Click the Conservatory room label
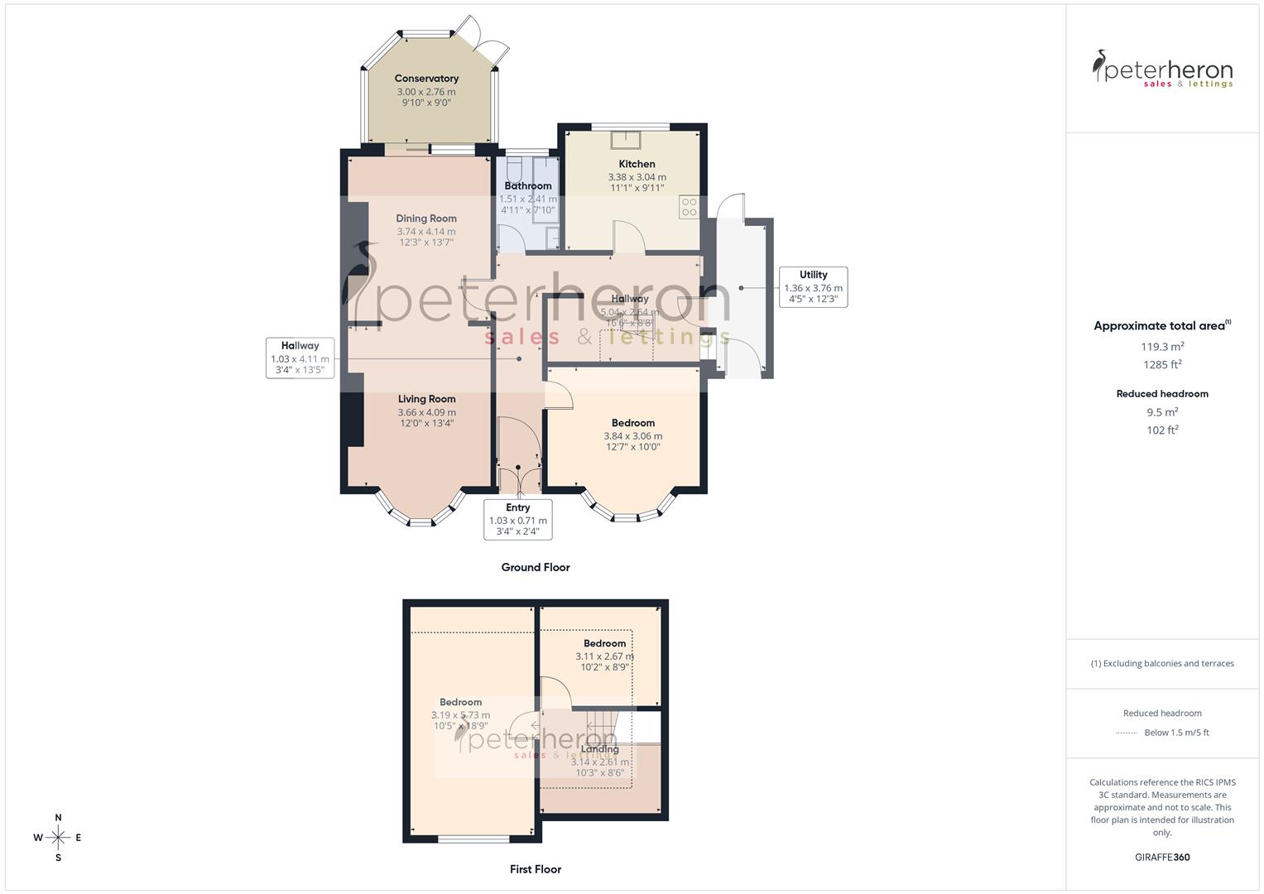click(x=426, y=79)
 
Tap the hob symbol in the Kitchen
click(x=689, y=207)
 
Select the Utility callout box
click(x=813, y=287)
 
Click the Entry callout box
click(x=517, y=519)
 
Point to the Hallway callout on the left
click(x=300, y=358)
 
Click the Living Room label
click(x=426, y=399)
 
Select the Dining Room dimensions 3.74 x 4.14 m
click(x=426, y=232)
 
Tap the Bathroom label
click(x=528, y=186)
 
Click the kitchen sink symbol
click(x=626, y=139)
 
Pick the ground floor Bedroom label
click(x=633, y=423)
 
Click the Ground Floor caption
click(x=536, y=567)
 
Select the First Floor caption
click(x=536, y=869)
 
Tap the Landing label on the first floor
click(x=600, y=749)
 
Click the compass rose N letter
click(x=58, y=818)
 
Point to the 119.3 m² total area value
click(x=1162, y=347)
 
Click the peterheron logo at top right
click(x=1162, y=69)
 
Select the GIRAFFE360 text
click(x=1162, y=858)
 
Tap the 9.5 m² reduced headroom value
click(x=1162, y=412)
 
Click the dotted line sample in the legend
click(x=1127, y=733)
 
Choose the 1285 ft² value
click(x=1162, y=365)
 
